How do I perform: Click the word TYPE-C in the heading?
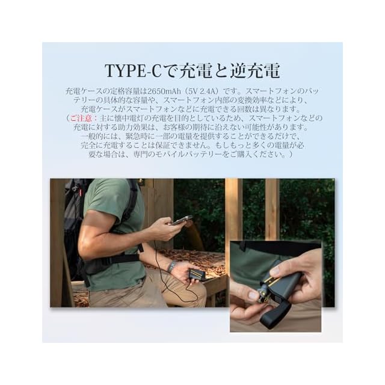[x=133, y=71]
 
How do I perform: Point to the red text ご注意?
[x=81, y=119]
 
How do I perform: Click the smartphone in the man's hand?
[x=182, y=220]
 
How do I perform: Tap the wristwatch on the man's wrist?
[x=173, y=267]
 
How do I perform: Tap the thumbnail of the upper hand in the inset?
[x=275, y=271]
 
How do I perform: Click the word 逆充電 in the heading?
[x=254, y=71]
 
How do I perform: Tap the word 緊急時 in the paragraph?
[x=137, y=137]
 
